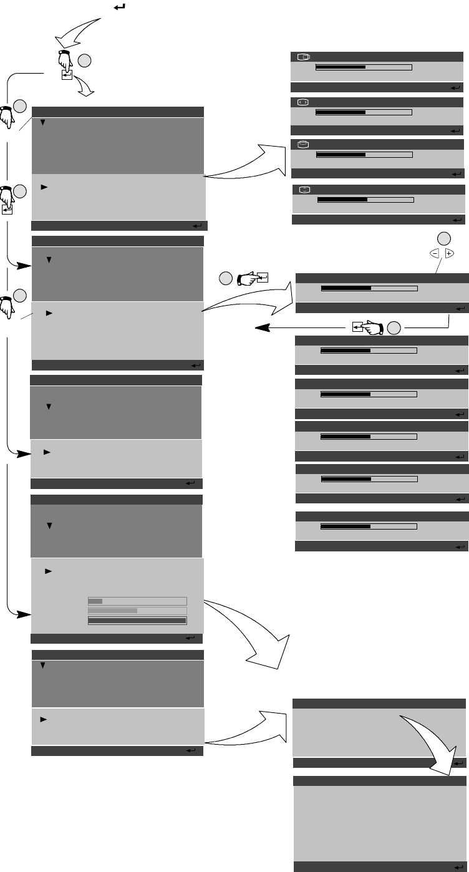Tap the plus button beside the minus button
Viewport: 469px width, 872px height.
(x=449, y=254)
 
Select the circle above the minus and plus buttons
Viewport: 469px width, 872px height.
(x=443, y=238)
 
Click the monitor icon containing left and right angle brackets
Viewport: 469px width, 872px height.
(x=302, y=101)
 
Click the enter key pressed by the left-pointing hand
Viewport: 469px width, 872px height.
(x=356, y=326)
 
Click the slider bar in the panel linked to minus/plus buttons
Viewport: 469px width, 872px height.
(x=369, y=289)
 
